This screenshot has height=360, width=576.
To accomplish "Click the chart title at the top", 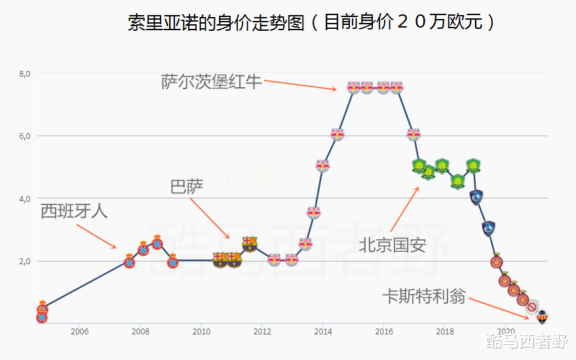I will point(311,23).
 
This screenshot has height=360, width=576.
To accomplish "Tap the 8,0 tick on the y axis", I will point(24,73).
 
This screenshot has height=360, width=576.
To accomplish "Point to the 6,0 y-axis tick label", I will point(24,136).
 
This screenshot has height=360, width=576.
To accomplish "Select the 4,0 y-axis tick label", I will point(24,199).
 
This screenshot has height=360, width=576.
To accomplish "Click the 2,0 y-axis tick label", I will point(24,261).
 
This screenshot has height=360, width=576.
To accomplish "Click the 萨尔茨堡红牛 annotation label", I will point(212,82).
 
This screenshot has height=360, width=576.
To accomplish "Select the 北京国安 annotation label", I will point(392,245).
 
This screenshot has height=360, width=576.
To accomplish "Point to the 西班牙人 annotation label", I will point(74,211).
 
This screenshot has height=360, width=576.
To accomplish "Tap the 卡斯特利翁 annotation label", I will point(424,296).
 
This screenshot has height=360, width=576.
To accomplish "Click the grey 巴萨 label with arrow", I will point(187,188).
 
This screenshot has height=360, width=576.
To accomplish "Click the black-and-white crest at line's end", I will point(542,317).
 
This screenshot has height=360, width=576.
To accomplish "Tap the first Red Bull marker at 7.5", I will point(353,87).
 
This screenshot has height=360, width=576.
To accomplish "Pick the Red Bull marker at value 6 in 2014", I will point(337,134).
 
